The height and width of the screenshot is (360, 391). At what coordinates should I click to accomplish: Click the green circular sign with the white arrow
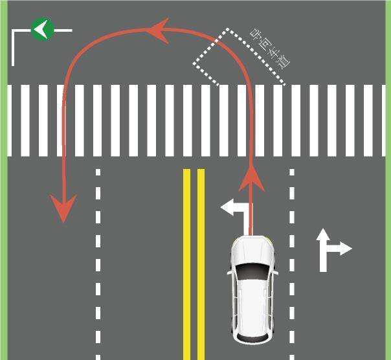click(42, 29)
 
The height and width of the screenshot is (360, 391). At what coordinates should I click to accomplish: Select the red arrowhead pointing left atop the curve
click(157, 30)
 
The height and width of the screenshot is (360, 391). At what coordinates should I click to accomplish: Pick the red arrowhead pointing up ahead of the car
click(252, 177)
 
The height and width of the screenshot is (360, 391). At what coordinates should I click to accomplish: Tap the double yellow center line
click(194, 259)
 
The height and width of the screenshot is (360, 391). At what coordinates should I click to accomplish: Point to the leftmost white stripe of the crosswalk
click(10, 120)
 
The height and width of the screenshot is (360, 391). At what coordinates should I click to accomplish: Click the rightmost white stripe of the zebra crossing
click(382, 120)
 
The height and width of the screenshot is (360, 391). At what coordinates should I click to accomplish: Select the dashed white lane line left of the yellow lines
click(98, 259)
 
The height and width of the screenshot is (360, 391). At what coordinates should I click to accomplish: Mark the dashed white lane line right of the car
click(292, 259)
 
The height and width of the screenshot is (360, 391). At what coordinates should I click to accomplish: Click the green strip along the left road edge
click(3, 194)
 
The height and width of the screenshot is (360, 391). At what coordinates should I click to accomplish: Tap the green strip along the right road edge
click(387, 194)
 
